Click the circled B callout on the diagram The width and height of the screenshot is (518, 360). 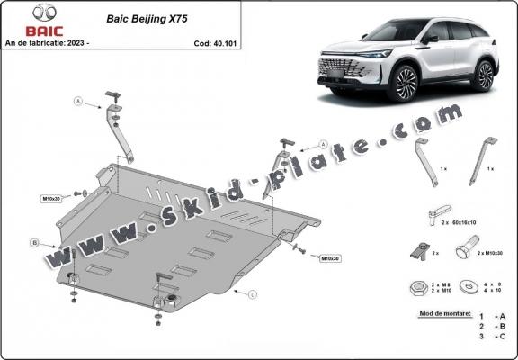pos(34,242)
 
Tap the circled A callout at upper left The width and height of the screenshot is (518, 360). pos(77,103)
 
